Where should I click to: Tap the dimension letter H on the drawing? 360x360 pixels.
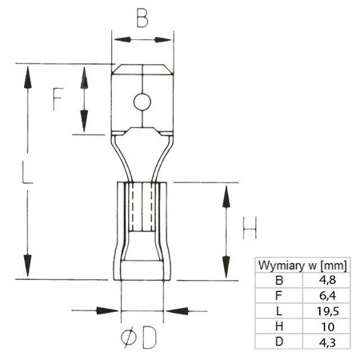pos(250,230)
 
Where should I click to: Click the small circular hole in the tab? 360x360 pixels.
pos(142,102)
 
